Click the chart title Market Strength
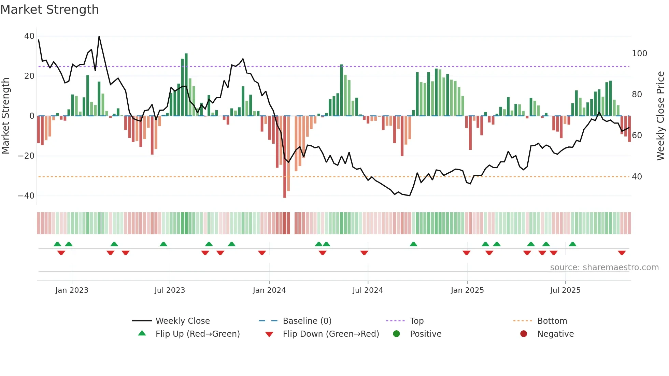(x=49, y=10)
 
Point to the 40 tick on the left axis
(x=29, y=36)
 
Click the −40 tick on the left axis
(x=26, y=196)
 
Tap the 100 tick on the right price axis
(x=639, y=54)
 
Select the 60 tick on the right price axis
(x=637, y=135)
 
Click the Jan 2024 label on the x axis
(x=269, y=290)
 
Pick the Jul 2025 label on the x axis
(x=565, y=290)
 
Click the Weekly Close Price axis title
(x=660, y=116)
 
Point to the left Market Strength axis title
(x=6, y=116)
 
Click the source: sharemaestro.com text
(x=604, y=267)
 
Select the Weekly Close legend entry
(x=183, y=321)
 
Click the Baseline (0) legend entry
(x=307, y=321)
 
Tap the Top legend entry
(x=416, y=321)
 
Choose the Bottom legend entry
(x=552, y=321)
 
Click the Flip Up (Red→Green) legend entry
(x=198, y=334)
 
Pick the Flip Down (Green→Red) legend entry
(x=331, y=334)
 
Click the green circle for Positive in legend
(x=396, y=334)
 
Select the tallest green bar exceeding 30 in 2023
(x=186, y=85)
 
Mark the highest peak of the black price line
(x=99, y=37)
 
